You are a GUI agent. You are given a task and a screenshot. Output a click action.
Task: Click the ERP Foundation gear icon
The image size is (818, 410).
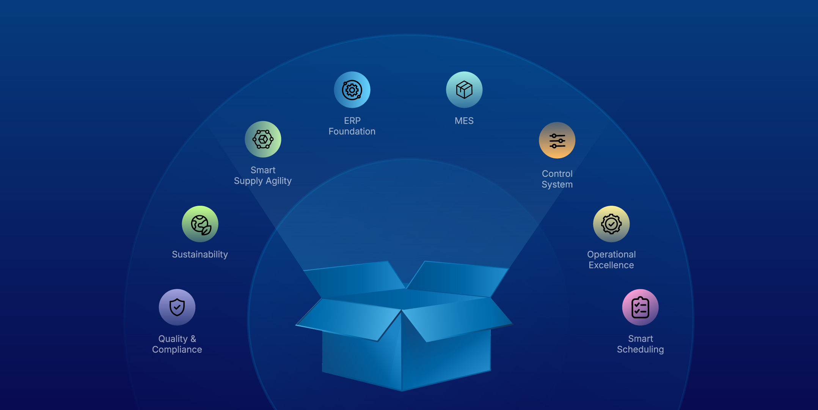tap(352, 90)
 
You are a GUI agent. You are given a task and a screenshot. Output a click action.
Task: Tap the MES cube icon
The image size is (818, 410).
tap(464, 90)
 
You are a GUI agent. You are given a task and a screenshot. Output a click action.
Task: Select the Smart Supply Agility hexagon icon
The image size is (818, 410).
tap(263, 139)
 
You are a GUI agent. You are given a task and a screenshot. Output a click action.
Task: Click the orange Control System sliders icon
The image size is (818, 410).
tap(557, 140)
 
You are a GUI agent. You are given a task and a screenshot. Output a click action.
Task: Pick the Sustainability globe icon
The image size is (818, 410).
tap(200, 224)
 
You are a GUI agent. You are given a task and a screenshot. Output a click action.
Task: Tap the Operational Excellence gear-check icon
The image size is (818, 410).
tap(611, 224)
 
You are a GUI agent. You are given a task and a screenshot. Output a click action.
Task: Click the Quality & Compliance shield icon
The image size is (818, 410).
tap(177, 307)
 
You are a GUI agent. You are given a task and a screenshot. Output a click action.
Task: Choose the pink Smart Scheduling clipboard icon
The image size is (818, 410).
tap(640, 307)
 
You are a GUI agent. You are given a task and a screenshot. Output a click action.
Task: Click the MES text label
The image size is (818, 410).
tap(464, 121)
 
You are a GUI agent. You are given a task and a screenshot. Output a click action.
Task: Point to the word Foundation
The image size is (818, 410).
tap(352, 131)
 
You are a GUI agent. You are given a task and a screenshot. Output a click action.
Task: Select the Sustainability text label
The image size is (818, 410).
tap(200, 254)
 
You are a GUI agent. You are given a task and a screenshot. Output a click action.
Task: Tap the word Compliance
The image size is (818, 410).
tap(177, 350)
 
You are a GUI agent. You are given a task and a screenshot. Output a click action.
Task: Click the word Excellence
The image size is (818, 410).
tap(611, 265)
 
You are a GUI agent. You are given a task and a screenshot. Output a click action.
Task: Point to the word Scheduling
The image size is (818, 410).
tap(640, 350)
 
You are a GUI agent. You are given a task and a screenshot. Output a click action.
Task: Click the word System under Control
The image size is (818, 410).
tap(557, 184)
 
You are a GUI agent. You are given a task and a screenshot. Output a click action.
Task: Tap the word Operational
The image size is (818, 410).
tap(611, 254)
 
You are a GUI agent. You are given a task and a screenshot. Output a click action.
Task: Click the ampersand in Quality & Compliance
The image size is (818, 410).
tap(193, 339)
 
